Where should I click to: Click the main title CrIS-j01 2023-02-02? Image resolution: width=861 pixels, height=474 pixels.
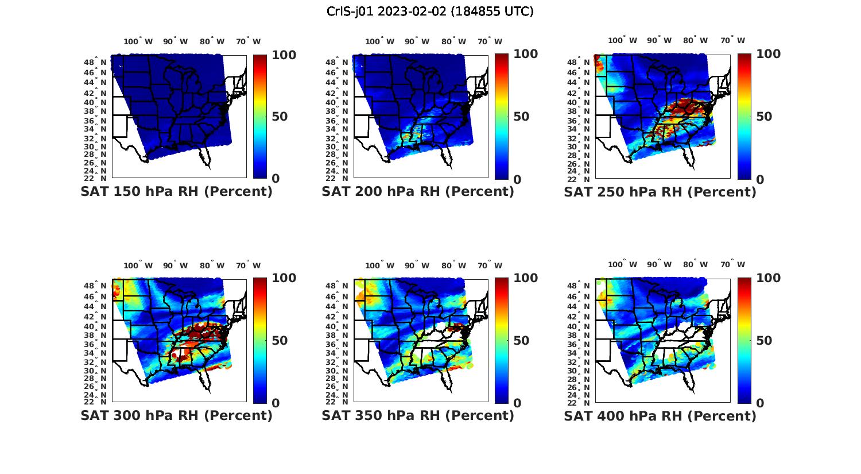pos(430,11)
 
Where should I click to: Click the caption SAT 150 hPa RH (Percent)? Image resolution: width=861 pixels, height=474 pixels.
pos(176,192)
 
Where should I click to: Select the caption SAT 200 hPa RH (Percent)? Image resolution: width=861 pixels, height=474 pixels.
pos(418,192)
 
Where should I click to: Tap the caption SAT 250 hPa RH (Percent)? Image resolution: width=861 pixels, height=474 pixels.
pos(660,192)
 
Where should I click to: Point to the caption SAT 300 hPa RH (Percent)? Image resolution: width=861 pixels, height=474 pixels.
pos(176,415)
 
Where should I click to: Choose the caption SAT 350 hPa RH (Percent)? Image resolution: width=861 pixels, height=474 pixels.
pos(418,415)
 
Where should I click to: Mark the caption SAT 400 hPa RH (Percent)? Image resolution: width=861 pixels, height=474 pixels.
pos(660,415)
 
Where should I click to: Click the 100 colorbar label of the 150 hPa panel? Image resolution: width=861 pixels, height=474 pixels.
pos(284,55)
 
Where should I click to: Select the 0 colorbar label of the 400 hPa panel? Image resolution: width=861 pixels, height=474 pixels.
pos(761,403)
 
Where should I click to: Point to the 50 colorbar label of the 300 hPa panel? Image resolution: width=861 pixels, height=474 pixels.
pos(280,341)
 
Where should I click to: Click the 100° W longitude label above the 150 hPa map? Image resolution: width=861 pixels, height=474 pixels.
pos(138,41)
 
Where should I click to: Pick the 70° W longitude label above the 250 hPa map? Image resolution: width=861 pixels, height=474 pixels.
pos(733,41)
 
